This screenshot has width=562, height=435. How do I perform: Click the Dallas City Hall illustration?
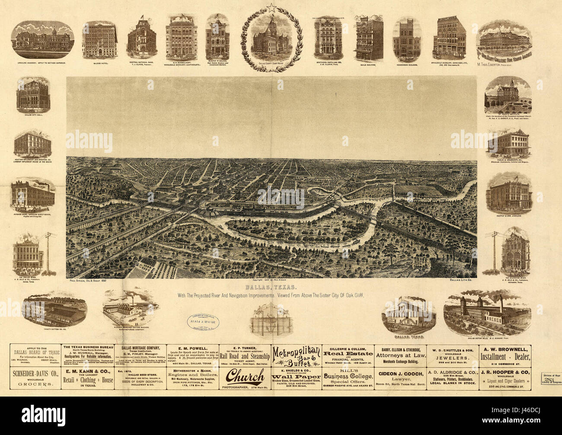point(33,95)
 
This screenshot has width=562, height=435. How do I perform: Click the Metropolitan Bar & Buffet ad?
point(296,356)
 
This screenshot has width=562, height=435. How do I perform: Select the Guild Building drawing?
point(369,40)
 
